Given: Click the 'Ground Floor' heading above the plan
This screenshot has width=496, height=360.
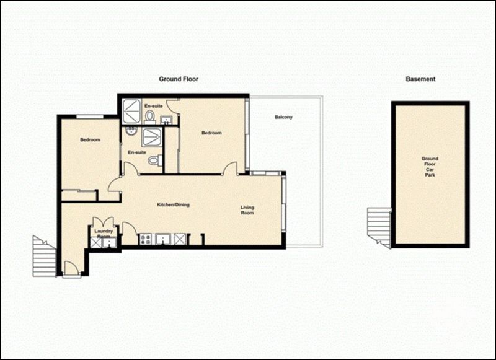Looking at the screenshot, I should click(x=179, y=79).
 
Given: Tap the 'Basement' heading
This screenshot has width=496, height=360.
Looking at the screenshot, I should click(x=420, y=79).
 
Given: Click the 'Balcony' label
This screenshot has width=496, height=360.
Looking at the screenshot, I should click(x=283, y=117).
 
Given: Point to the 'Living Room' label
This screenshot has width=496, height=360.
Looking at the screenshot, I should click(x=247, y=211).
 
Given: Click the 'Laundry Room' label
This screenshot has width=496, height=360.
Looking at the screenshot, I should click(x=103, y=234).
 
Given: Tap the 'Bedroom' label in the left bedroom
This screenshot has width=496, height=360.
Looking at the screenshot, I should click(x=90, y=140).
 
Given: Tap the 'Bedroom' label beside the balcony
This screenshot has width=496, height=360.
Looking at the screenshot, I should click(x=211, y=133).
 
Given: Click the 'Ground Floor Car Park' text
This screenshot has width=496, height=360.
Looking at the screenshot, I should click(x=430, y=167).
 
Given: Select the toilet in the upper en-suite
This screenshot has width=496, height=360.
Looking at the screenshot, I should click(x=149, y=116).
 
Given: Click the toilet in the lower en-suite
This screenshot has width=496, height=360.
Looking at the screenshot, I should click(x=154, y=160).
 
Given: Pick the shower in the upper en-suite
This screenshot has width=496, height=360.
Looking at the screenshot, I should click(x=131, y=110).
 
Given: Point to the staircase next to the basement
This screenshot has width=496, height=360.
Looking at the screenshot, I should click(x=379, y=226).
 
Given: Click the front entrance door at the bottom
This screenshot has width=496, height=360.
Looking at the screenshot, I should click(x=72, y=269).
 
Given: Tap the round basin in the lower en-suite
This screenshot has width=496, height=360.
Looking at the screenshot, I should click(x=131, y=131).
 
